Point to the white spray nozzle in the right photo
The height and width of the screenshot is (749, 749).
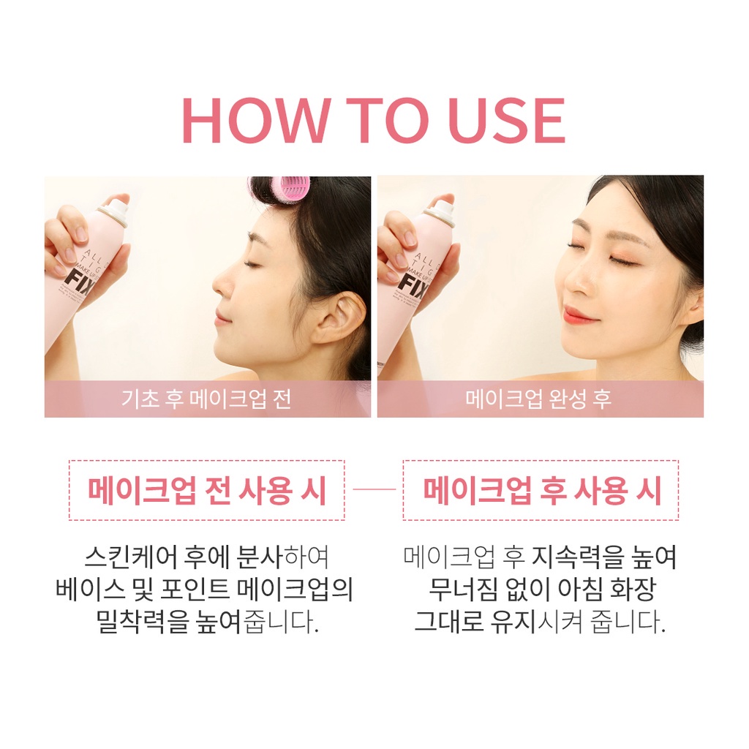pyautogui.click(x=441, y=211)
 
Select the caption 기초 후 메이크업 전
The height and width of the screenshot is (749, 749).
pyautogui.click(x=206, y=399)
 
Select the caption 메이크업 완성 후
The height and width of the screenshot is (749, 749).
pyautogui.click(x=539, y=399)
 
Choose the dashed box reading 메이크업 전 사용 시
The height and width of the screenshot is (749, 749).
pyautogui.click(x=206, y=491)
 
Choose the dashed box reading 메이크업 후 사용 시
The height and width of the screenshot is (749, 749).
pyautogui.click(x=541, y=491)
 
